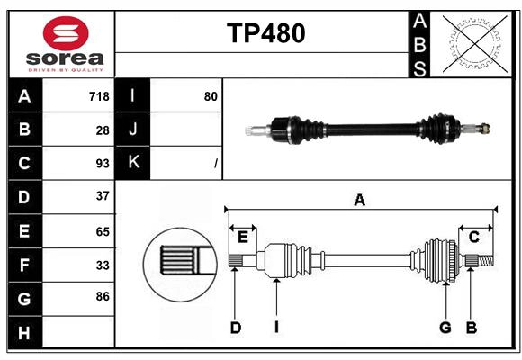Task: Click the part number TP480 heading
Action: pyautogui.click(x=265, y=33)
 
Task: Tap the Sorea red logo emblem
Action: pyautogui.click(x=66, y=35)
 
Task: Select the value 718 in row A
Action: pyautogui.click(x=99, y=96)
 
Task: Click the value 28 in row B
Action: pyautogui.click(x=103, y=130)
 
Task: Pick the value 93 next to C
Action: pyautogui.click(x=103, y=164)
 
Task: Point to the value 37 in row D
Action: pyautogui.click(x=103, y=196)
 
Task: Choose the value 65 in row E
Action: pyautogui.click(x=103, y=231)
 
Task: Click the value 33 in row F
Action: pyautogui.click(x=103, y=265)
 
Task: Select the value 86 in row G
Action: pyautogui.click(x=103, y=296)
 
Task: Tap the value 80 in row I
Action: pyautogui.click(x=211, y=96)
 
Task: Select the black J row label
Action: pyautogui.click(x=133, y=130)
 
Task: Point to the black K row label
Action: pyautogui.click(x=133, y=163)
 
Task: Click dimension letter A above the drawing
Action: pyautogui.click(x=360, y=201)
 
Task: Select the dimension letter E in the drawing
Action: pyautogui.click(x=242, y=237)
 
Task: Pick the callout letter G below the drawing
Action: pyautogui.click(x=445, y=328)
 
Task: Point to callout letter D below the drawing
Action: pyautogui.click(x=235, y=328)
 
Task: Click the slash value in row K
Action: pyautogui.click(x=215, y=164)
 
